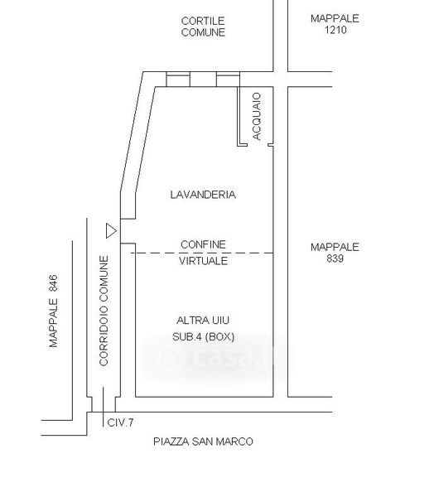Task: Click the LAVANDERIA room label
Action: pos(203,195)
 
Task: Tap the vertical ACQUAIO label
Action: pos(257,116)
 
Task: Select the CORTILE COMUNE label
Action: pos(203,27)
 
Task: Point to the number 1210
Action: pos(335,30)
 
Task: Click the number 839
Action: pos(335,258)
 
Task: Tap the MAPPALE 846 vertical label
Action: pos(54,311)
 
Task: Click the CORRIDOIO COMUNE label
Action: pos(104,311)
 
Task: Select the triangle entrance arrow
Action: pos(111,231)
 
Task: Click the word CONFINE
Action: pos(203,244)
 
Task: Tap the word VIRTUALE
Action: pos(203,261)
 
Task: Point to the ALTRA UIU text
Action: pos(203,321)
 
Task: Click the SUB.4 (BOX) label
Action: pos(203,336)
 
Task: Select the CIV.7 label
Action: pos(120,422)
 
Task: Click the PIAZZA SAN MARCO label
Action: pos(203,442)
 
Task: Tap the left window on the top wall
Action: pos(178,80)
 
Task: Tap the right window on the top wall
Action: pos(228,80)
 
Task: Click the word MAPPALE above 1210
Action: pos(335,19)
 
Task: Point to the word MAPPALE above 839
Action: pos(335,247)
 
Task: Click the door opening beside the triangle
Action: pos(128,231)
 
